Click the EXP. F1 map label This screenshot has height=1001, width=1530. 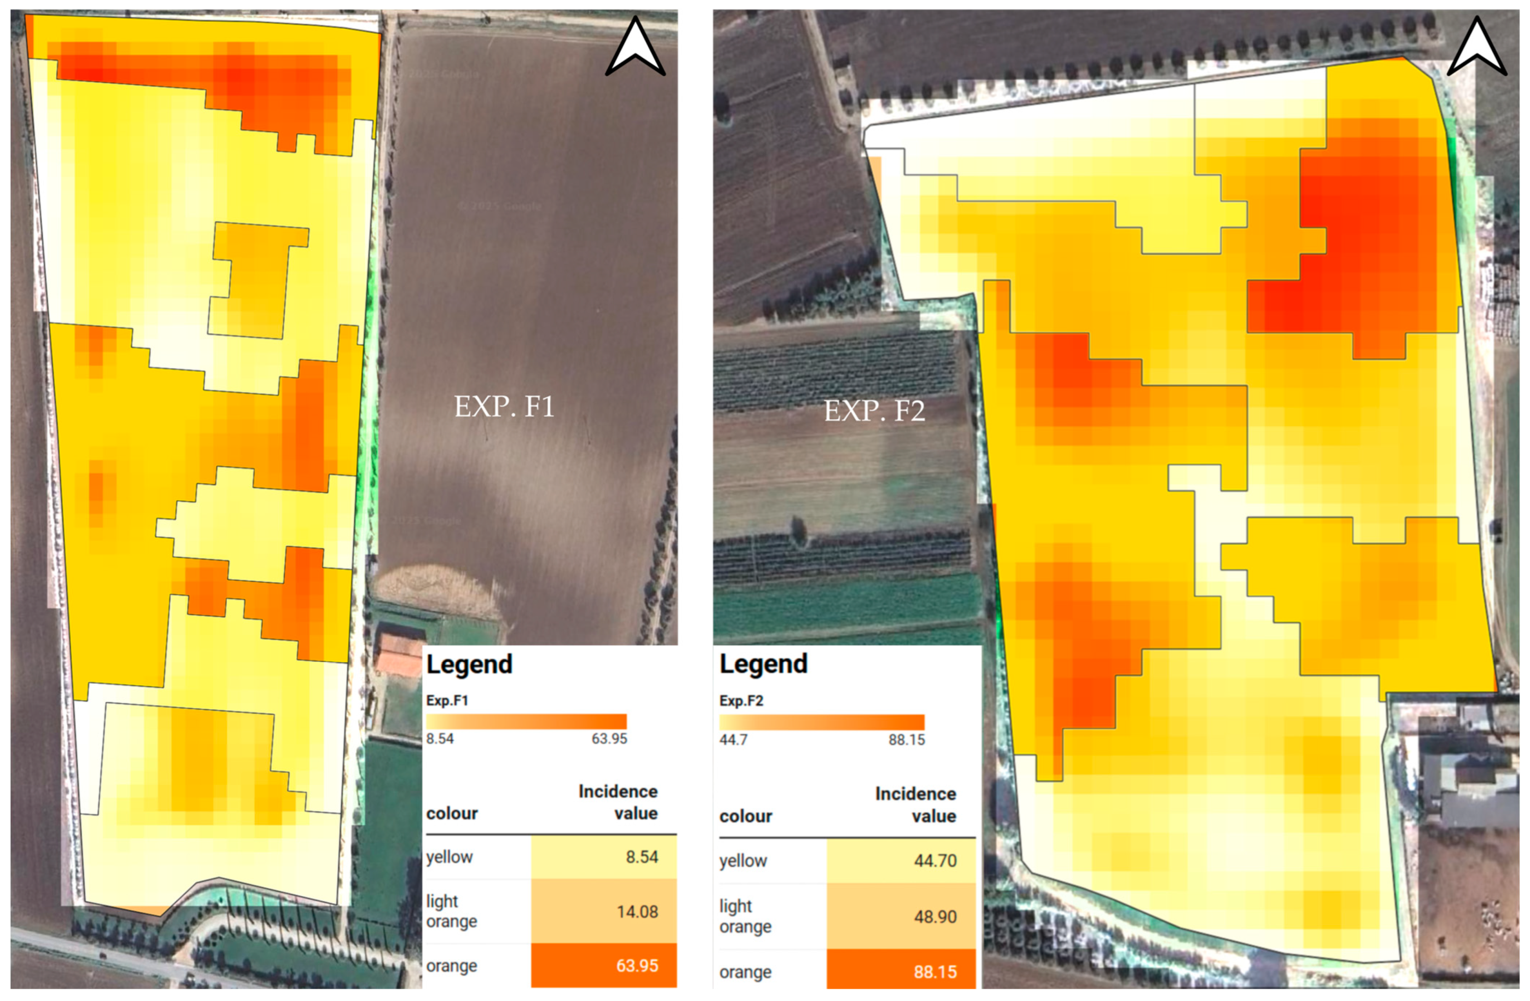pyautogui.click(x=504, y=407)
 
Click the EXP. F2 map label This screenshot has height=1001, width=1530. pyautogui.click(x=874, y=411)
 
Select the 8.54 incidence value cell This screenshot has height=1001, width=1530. pyautogui.click(x=603, y=857)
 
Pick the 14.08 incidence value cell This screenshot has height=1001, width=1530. pyautogui.click(x=603, y=911)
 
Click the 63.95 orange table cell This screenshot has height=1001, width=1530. pyautogui.click(x=603, y=966)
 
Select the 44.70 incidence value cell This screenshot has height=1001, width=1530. pyautogui.click(x=901, y=861)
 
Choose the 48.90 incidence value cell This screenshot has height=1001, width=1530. pyautogui.click(x=901, y=916)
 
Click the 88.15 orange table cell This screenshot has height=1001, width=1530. pyautogui.click(x=901, y=972)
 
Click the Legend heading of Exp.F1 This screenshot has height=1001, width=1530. pyautogui.click(x=469, y=664)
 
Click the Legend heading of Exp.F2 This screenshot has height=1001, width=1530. pyautogui.click(x=763, y=664)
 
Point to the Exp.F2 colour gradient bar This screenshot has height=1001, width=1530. pyautogui.click(x=822, y=722)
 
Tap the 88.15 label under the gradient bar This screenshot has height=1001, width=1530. pyautogui.click(x=907, y=740)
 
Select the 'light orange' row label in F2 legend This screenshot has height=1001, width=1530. pyautogui.click(x=745, y=916)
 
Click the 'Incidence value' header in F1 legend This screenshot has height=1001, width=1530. pyautogui.click(x=618, y=802)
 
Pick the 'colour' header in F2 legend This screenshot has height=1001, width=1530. pyautogui.click(x=745, y=816)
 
